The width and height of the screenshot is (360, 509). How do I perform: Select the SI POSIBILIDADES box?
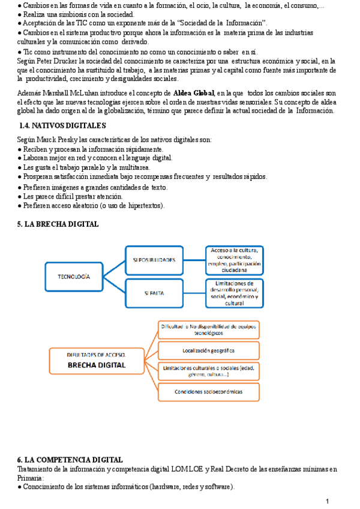(154, 260)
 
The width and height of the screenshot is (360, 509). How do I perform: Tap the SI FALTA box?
(154, 294)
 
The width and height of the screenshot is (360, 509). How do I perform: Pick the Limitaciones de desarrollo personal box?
(233, 293)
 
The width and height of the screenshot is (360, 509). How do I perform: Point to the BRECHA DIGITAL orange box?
(96, 361)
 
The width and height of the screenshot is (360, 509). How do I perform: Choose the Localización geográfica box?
(208, 350)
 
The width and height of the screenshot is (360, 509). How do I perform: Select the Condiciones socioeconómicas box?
(208, 391)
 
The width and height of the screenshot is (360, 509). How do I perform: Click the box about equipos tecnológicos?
(208, 329)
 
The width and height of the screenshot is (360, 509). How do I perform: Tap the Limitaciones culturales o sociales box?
(208, 370)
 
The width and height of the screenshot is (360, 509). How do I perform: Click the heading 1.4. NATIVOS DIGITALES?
(63, 125)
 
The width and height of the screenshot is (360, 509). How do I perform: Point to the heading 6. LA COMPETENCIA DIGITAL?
(71, 459)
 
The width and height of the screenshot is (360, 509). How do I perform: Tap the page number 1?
(328, 501)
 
